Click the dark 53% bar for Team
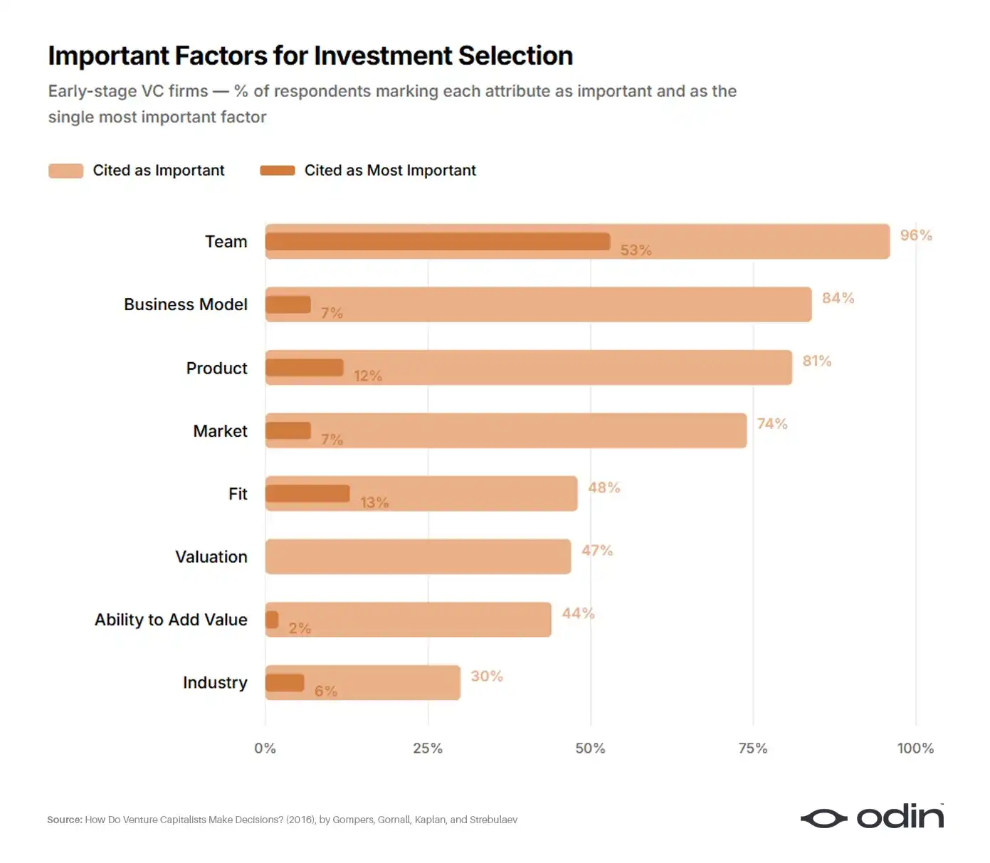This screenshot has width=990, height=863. point(437,241)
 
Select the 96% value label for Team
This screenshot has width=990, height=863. point(915,235)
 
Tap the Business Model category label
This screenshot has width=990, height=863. point(185,305)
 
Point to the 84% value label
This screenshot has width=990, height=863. point(838,298)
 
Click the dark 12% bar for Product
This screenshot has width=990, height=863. point(304,367)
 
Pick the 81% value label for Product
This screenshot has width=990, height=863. point(816,361)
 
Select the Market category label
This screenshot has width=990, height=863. point(220,431)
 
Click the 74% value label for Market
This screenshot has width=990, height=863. point(772,424)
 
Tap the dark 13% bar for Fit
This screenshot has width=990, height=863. point(307,493)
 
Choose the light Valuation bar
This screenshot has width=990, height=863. point(418,556)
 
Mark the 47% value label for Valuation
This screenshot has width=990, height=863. point(596,550)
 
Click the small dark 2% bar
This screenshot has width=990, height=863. point(272,620)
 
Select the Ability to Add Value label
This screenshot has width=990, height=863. point(171,620)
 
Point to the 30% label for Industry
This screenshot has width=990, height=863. point(486,676)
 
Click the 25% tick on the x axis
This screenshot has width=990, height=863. point(428,748)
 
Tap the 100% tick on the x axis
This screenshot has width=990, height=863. point(915,748)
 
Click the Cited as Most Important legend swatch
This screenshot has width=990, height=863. point(277,170)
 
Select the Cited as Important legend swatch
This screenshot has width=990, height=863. point(65,170)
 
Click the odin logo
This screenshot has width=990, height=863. point(872,817)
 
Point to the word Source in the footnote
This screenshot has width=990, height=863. point(65,820)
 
